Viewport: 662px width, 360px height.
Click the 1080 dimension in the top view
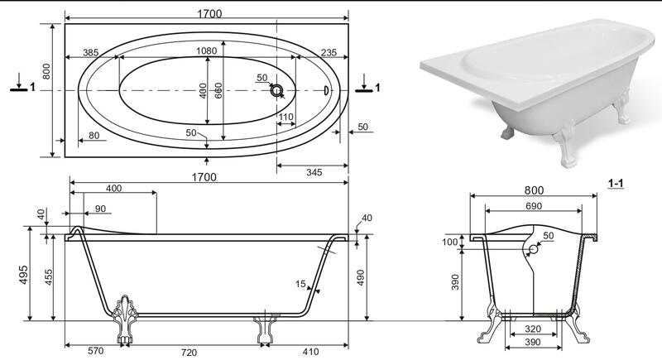pos(206,51)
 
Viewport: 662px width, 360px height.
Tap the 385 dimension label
pos(90,52)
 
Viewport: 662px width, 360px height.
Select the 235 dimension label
pos(329,52)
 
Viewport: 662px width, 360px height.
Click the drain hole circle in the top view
pos(277,90)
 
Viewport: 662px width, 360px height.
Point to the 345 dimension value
pos(314,172)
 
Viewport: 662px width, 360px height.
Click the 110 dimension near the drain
pos(285,117)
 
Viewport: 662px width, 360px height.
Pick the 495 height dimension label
pos(23,275)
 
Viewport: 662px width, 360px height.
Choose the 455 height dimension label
pos(49,277)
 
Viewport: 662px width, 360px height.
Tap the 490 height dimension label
pos(361,278)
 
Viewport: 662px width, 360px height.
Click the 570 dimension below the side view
pos(95,351)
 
